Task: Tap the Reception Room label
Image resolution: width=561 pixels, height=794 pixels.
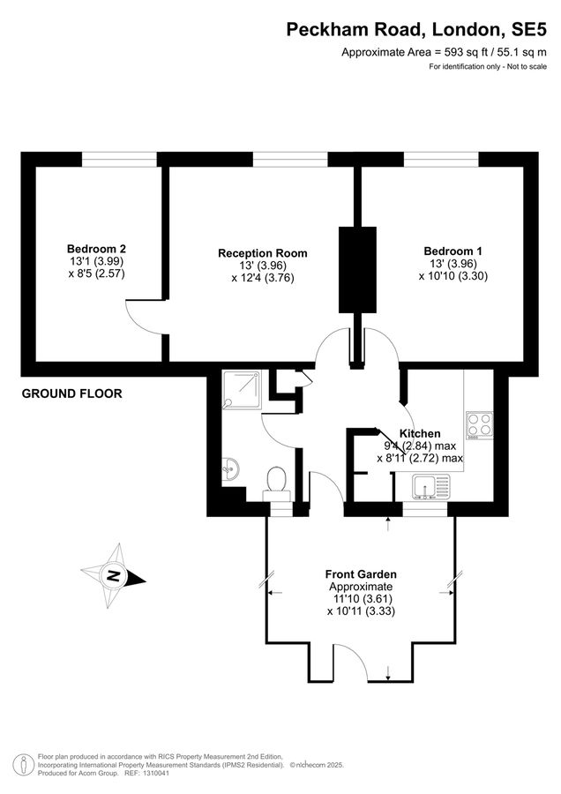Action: click(263, 253)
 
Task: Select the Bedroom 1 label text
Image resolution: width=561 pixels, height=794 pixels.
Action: click(453, 251)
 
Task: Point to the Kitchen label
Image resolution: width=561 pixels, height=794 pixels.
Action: click(420, 433)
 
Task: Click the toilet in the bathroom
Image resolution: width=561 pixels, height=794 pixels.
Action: click(276, 481)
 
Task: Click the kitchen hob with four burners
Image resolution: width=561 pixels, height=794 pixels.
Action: click(479, 424)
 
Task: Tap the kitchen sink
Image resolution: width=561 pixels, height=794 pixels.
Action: click(430, 485)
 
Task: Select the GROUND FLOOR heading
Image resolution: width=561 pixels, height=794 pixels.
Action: click(72, 393)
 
